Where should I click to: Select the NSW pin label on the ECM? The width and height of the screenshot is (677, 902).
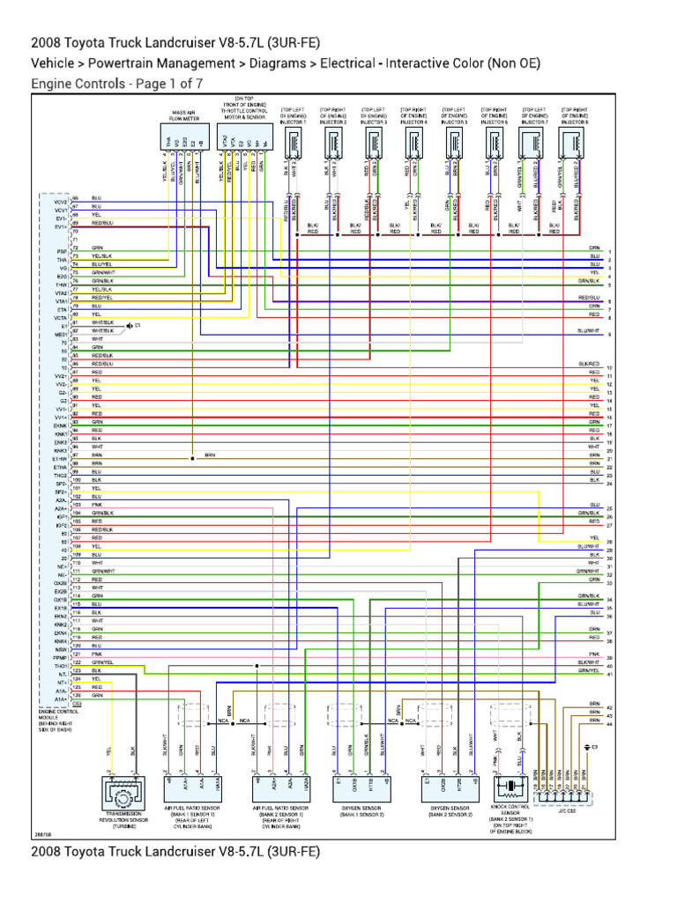point(60,649)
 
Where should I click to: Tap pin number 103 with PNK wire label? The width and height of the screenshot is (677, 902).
point(76,505)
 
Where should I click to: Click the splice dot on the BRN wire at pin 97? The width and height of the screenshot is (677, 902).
point(191,458)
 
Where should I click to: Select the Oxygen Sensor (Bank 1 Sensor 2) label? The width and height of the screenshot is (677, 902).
point(356,810)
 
